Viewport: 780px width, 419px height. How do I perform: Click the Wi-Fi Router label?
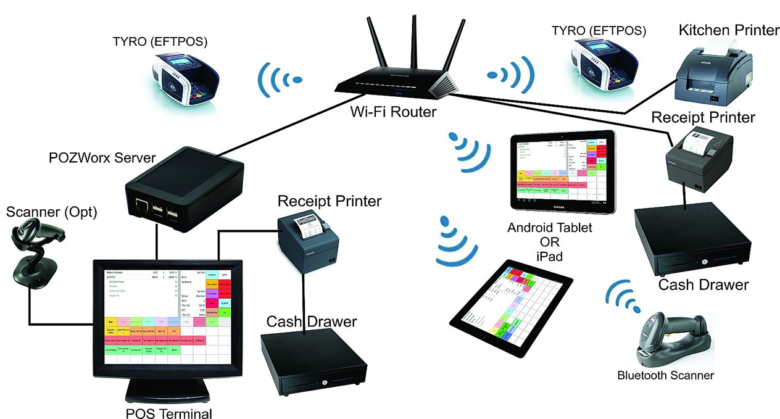point(394,112)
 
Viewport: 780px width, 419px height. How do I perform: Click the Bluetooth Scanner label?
point(665,375)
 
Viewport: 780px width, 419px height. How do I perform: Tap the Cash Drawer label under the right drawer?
point(703,284)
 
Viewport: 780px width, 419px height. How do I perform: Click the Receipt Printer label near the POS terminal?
point(329,201)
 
